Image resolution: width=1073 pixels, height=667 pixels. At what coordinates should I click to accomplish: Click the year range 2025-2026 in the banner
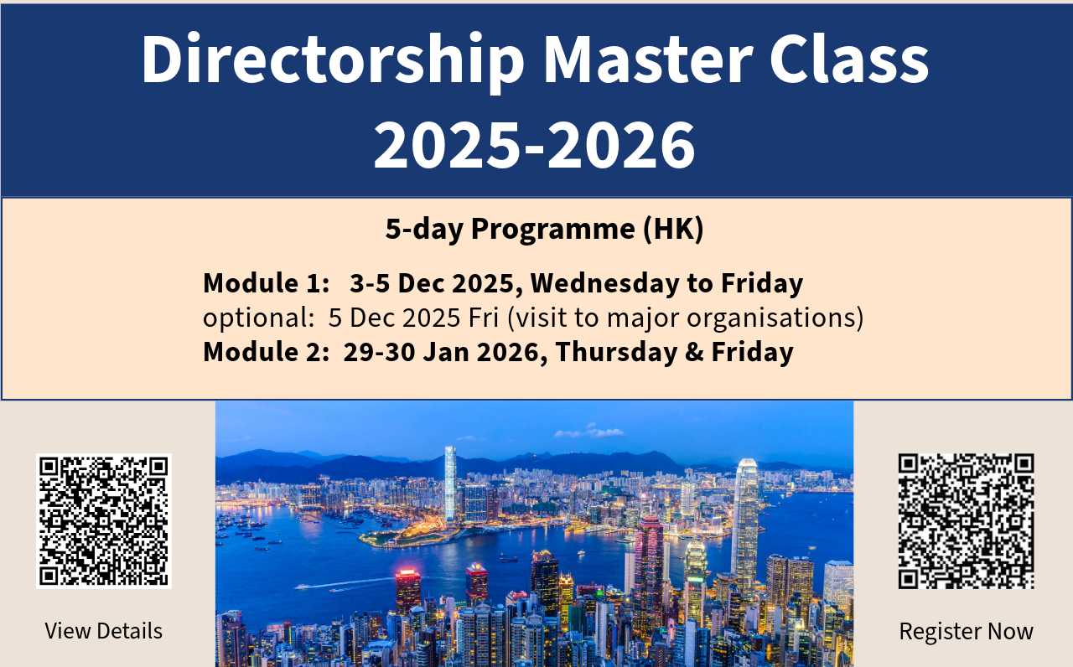tap(535, 144)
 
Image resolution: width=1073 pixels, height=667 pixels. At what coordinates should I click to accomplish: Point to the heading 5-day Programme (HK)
tap(544, 229)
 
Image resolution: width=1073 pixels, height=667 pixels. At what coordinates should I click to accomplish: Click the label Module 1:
tap(267, 283)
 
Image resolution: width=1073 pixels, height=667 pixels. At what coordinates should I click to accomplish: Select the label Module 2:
tap(267, 352)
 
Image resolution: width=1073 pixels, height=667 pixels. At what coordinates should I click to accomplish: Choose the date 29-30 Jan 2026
tap(440, 352)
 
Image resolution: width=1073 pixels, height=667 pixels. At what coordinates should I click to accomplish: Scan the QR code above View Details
tap(104, 520)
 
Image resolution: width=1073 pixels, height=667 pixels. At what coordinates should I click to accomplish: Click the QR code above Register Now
tap(966, 520)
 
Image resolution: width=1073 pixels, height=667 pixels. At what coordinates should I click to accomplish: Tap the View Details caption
tap(104, 631)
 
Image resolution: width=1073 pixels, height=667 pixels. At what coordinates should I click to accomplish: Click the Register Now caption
tap(966, 631)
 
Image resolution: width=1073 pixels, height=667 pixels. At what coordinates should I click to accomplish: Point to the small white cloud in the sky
tap(589, 432)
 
